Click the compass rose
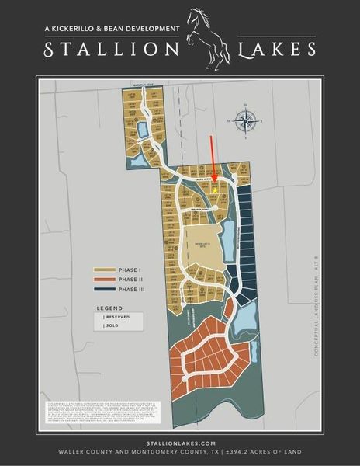point(247,120)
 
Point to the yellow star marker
point(215,190)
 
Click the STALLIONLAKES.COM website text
point(179,440)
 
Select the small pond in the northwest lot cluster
point(142,127)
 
